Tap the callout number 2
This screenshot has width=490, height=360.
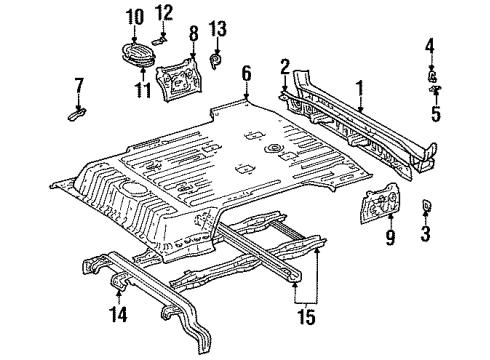(286, 67)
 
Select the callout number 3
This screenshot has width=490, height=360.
(426, 263)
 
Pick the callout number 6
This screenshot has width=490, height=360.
(246, 72)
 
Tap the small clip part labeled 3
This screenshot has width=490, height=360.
(426, 234)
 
